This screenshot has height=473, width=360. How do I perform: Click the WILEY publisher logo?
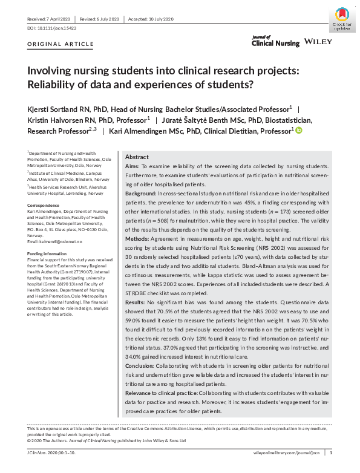[x=318, y=41]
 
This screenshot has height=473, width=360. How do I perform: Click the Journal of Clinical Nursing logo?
[x=275, y=41]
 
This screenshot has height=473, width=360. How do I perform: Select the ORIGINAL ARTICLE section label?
[x=61, y=44]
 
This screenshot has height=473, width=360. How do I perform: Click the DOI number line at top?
[x=51, y=28]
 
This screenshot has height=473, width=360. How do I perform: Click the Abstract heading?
[x=137, y=156]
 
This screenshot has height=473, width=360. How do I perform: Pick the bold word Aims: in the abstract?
[x=133, y=166]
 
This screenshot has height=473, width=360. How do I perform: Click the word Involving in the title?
[x=50, y=71]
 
